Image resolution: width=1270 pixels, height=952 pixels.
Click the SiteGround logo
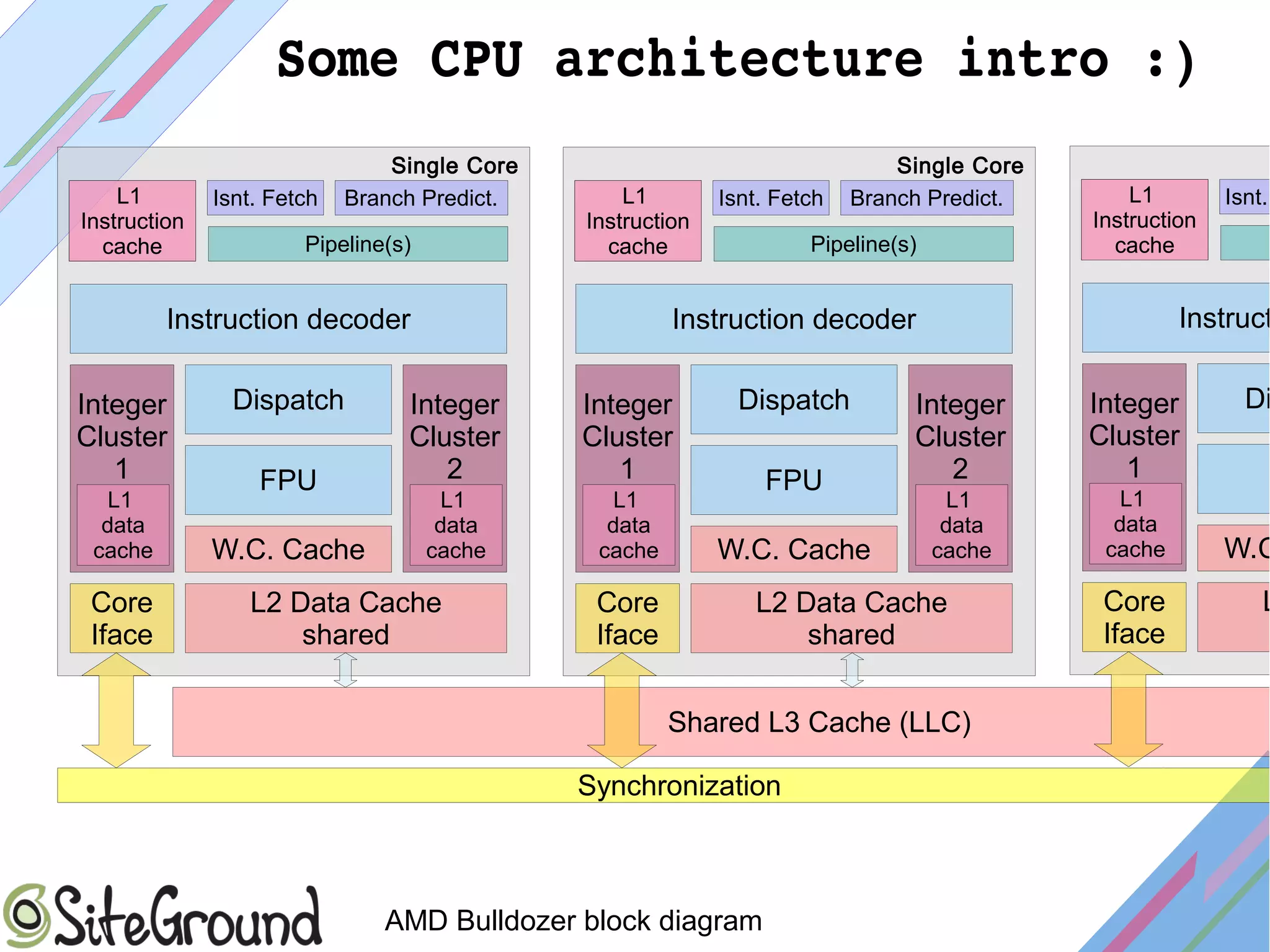tap(162, 917)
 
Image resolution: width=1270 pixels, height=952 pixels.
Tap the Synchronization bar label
tap(678, 786)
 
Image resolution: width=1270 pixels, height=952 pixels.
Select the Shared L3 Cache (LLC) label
tap(819, 723)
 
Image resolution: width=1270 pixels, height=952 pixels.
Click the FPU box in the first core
tap(288, 480)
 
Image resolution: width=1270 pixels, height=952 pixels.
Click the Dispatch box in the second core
tap(793, 400)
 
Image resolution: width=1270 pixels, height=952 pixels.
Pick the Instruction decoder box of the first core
tap(288, 319)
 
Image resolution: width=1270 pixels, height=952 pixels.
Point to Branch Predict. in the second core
tap(926, 198)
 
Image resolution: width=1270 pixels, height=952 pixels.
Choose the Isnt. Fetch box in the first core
tap(265, 198)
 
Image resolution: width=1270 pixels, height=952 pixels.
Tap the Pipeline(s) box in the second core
tap(863, 244)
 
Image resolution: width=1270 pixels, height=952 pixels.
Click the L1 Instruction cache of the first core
tap(132, 221)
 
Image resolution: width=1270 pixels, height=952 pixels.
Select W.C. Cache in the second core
tap(793, 549)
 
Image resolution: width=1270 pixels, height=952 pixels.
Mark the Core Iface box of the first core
tap(122, 618)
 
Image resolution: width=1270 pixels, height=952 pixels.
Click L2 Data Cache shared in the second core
tap(851, 618)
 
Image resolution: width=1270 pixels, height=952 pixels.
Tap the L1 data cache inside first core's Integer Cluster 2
tap(455, 525)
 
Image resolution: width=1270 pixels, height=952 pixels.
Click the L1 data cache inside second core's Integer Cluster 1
tap(628, 525)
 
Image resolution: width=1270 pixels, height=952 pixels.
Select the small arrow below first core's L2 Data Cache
tap(345, 670)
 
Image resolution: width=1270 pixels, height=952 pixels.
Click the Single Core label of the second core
tap(959, 166)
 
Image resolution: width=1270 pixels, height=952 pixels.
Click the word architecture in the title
tap(738, 60)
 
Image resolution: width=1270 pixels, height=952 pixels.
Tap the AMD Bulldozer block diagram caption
tap(573, 920)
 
